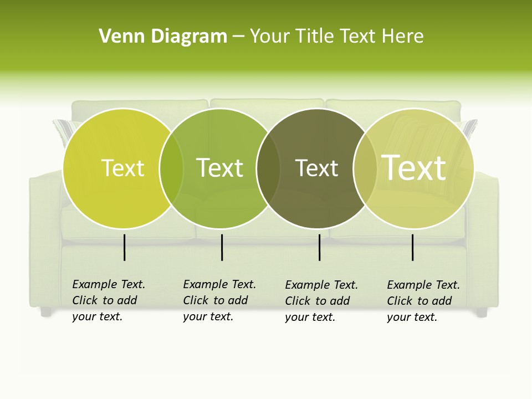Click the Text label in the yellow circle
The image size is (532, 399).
tap(122, 168)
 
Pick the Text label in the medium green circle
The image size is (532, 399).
tap(220, 168)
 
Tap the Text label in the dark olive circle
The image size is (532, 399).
tap(316, 168)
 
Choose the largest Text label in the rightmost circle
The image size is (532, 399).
tap(414, 167)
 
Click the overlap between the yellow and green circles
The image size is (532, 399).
tap(171, 168)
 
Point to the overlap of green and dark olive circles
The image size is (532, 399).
tap(268, 168)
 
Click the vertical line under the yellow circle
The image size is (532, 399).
tap(125, 247)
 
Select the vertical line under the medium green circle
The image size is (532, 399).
tap(222, 247)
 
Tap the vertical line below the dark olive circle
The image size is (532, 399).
tap(320, 247)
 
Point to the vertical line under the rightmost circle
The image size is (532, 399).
tap(413, 247)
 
